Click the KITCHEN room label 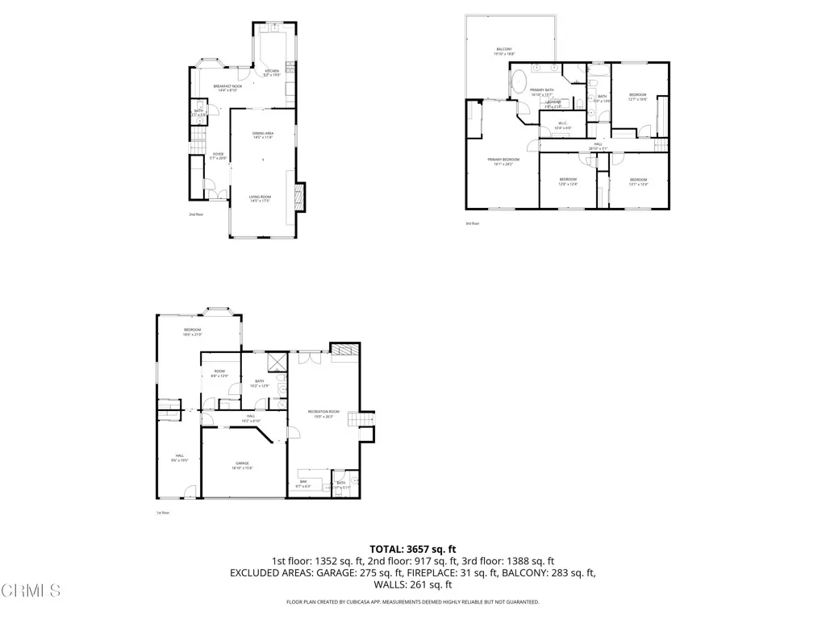(272, 71)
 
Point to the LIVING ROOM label (260, 197)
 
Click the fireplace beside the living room (299, 197)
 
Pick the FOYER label (218, 153)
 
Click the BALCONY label (504, 49)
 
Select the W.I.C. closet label (562, 123)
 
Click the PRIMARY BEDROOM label (503, 160)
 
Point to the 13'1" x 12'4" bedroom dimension (638, 185)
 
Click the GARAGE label (242, 463)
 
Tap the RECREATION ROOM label (323, 412)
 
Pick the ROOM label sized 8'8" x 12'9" (219, 372)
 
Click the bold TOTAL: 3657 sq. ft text (412, 548)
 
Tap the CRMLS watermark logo (31, 591)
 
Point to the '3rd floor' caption (472, 223)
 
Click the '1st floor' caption (163, 513)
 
